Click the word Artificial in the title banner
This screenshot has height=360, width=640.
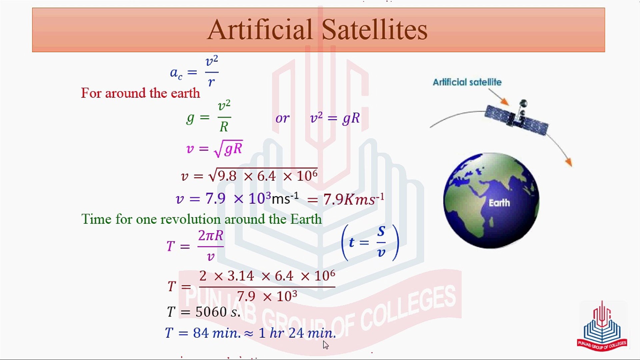tap(260, 30)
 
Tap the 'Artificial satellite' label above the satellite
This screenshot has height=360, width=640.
tap(467, 82)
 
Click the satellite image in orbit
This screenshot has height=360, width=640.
tap(517, 117)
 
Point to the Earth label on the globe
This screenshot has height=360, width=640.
tap(499, 203)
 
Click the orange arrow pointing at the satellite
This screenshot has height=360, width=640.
tap(500, 98)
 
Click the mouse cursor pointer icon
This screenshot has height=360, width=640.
tap(326, 345)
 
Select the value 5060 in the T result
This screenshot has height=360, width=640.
tap(211, 312)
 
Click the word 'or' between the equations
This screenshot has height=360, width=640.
tap(282, 118)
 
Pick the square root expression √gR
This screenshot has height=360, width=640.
tap(228, 149)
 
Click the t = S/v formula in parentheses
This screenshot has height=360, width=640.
tap(370, 242)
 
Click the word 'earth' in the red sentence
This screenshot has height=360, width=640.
tap(185, 93)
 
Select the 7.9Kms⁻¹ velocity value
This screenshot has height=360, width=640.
tap(353, 199)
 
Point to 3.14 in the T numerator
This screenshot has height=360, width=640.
tap(241, 276)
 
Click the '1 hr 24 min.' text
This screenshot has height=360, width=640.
tap(297, 333)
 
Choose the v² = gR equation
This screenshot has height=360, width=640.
tap(335, 118)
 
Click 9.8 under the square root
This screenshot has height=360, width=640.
tap(227, 176)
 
